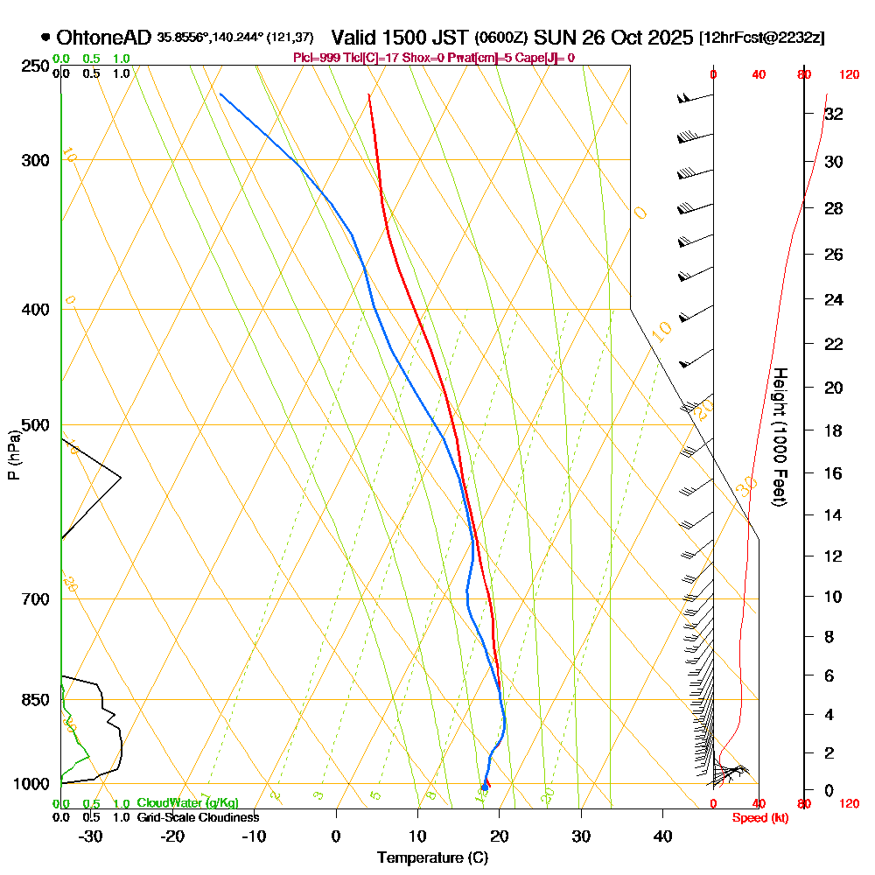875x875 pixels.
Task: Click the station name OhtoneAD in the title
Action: click(103, 38)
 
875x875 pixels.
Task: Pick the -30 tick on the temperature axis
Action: click(91, 836)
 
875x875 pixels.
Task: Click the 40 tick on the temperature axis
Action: click(662, 836)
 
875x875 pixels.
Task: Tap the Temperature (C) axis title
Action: click(432, 858)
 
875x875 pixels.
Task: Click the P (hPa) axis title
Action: click(13, 454)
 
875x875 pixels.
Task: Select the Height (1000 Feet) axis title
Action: click(779, 436)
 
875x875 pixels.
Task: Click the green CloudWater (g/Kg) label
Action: click(187, 803)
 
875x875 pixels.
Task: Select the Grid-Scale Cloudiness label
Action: click(198, 817)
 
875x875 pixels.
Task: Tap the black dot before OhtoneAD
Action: click(45, 38)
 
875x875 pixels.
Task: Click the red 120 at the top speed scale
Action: click(848, 75)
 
